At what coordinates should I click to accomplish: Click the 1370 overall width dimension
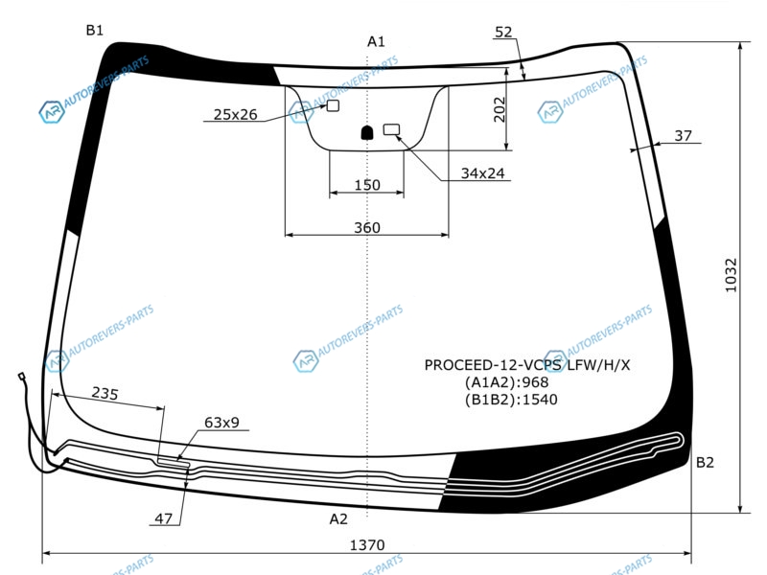[367, 544]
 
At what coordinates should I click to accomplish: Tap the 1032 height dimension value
[731, 276]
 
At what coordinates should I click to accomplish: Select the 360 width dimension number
[367, 227]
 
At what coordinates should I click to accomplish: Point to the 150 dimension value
[367, 185]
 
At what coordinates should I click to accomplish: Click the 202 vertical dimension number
[499, 109]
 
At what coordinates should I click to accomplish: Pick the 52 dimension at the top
[503, 32]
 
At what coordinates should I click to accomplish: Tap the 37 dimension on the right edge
[683, 135]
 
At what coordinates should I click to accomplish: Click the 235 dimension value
[105, 393]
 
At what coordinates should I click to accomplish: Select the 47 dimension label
[163, 518]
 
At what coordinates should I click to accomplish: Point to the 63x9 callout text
[221, 422]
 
